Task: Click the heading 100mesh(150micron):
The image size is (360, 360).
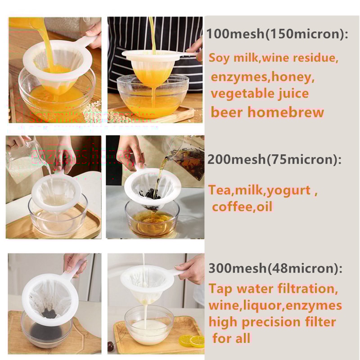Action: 278,35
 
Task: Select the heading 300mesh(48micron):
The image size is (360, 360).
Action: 275,269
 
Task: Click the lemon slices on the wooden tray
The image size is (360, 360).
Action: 191,341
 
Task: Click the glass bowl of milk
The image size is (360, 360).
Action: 149,324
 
